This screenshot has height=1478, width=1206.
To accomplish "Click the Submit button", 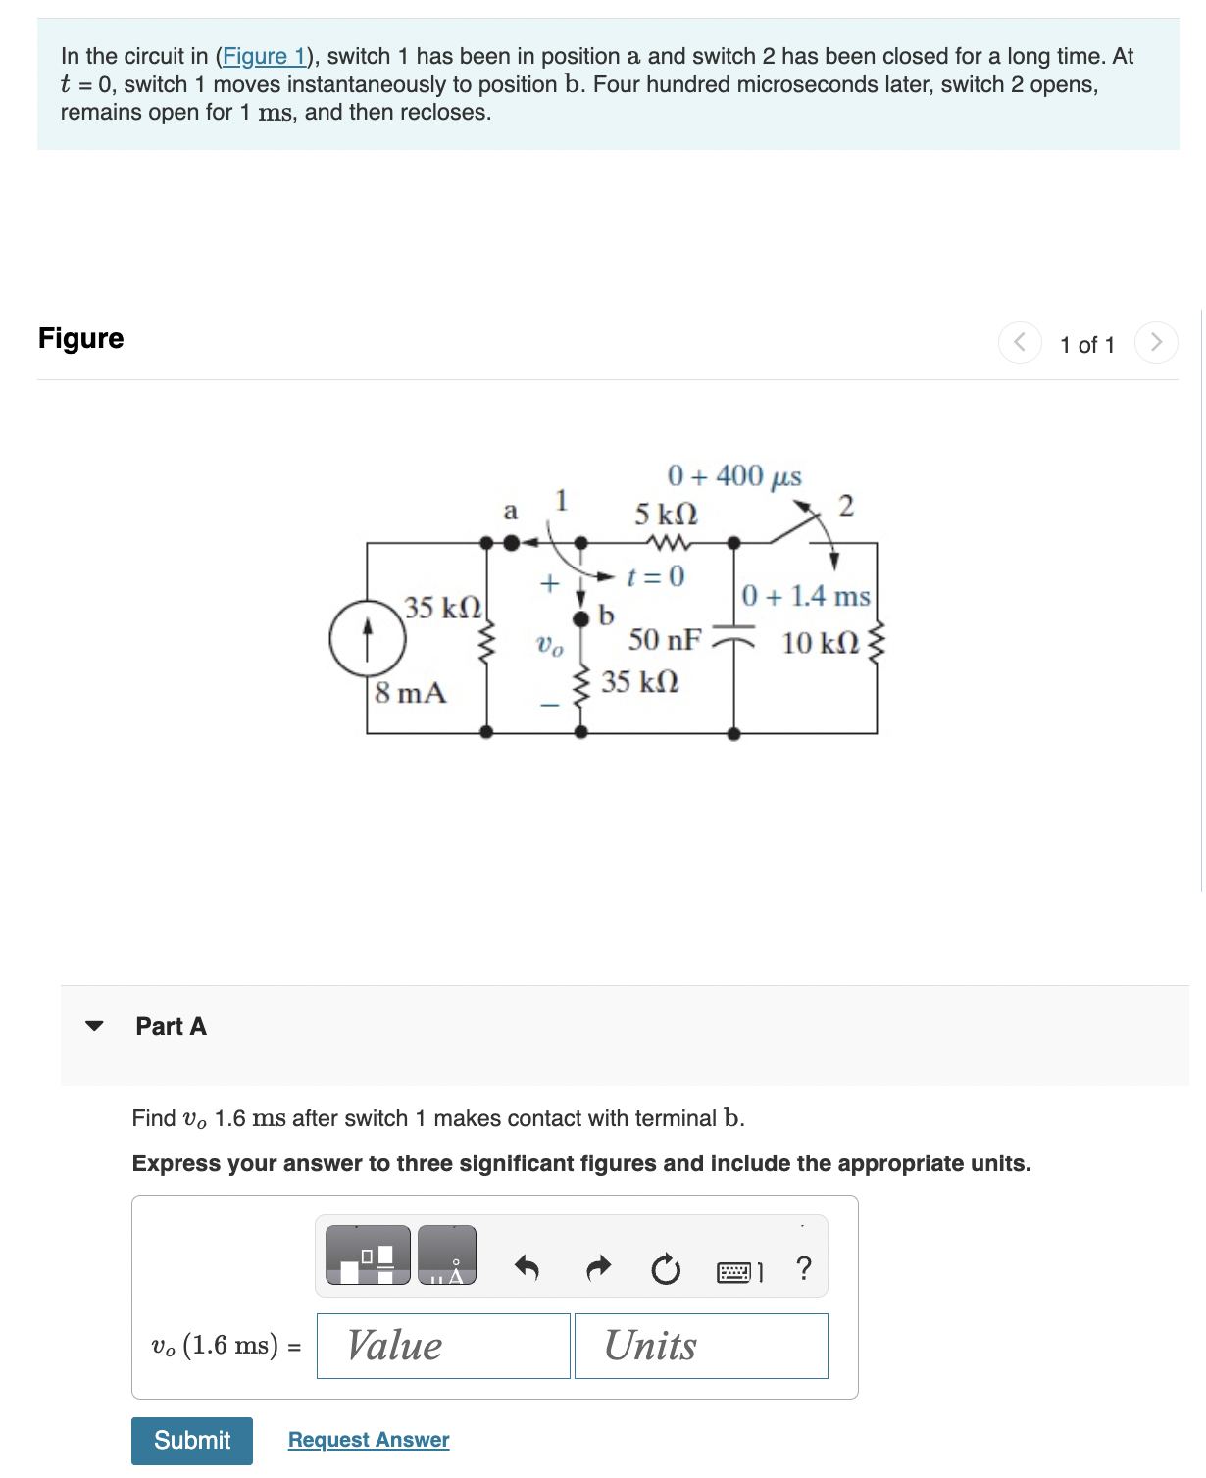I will (x=192, y=1440).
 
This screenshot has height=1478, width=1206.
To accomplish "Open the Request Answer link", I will (x=369, y=1440).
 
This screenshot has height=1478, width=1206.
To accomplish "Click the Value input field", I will (x=443, y=1346).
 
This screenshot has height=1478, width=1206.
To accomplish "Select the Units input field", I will (x=701, y=1346).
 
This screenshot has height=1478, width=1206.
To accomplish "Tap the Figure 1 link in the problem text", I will (x=265, y=57).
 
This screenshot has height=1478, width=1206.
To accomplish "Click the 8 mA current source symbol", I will (x=368, y=637).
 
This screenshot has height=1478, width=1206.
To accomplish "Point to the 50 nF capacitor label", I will (x=665, y=640).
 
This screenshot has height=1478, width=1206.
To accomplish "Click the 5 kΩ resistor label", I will (x=666, y=514).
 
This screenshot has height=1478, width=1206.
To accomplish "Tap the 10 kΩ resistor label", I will (x=820, y=643).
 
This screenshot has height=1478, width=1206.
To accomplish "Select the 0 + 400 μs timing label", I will (x=734, y=476).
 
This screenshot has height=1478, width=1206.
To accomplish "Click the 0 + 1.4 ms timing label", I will (x=806, y=596).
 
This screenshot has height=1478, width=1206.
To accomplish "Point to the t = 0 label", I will (x=656, y=576).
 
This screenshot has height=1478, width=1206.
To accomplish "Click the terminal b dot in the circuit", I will (x=581, y=617).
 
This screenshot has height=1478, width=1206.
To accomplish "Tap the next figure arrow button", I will (x=1156, y=342).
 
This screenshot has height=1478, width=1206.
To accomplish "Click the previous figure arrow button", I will (x=1020, y=342).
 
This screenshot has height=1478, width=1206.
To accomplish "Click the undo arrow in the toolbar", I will (x=527, y=1268).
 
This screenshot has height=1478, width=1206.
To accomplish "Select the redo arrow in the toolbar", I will (x=598, y=1268).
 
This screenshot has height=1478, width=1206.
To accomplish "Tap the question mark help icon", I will (x=804, y=1268).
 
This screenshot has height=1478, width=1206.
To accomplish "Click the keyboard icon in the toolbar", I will (x=735, y=1272).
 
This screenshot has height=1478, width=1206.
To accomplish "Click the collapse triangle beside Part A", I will (x=94, y=1026).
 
